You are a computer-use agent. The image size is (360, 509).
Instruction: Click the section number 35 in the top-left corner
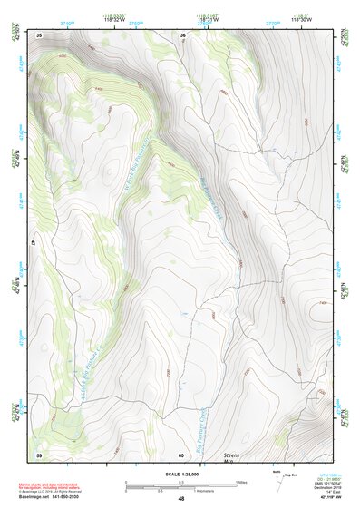[39, 34]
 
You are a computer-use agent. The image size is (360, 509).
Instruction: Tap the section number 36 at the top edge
[182, 35]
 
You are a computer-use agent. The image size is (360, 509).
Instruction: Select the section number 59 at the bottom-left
[39, 454]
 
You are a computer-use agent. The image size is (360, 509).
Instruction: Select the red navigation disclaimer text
[50, 486]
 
